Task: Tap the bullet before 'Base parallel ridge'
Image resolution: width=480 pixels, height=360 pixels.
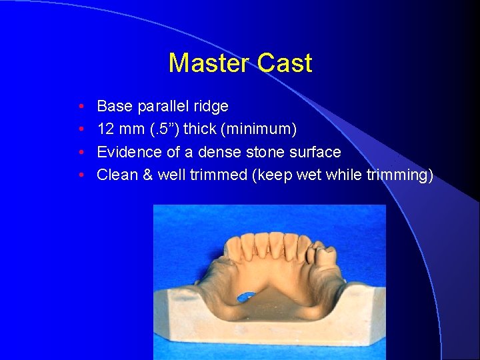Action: (x=80, y=107)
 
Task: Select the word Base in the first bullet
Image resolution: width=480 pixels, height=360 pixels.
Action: (x=113, y=106)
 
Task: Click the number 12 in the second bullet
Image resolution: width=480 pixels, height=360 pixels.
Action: (x=105, y=129)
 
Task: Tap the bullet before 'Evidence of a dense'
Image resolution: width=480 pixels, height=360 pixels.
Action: (x=80, y=153)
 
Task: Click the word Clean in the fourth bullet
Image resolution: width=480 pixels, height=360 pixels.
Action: (x=115, y=175)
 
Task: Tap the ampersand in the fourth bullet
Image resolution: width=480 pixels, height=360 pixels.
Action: (x=145, y=175)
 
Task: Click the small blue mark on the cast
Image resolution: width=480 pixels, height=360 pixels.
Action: (x=245, y=297)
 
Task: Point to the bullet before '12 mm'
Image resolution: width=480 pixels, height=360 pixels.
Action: (x=80, y=129)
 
